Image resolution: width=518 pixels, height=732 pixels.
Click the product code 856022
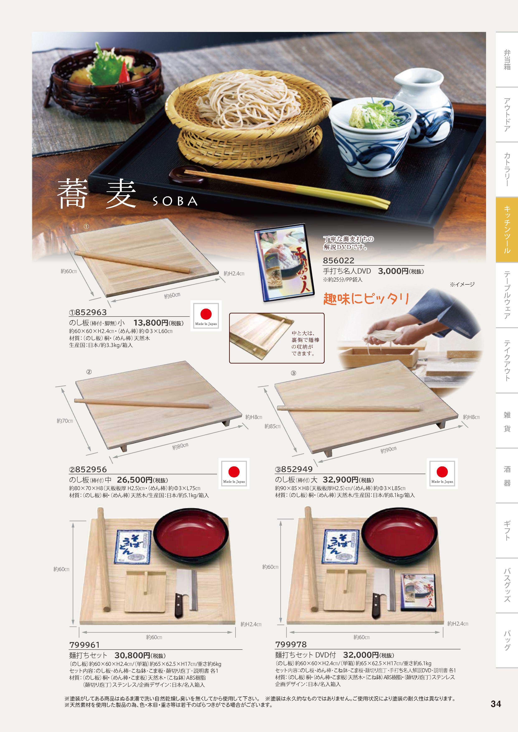tap(339, 260)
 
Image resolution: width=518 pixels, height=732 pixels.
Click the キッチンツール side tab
tap(507, 230)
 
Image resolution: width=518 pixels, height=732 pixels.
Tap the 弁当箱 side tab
tap(507, 60)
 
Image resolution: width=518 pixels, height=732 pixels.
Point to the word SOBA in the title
tap(175, 201)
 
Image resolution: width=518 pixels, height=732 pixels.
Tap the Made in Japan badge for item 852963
tap(206, 316)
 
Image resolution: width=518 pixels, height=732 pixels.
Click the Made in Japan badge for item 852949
tap(442, 473)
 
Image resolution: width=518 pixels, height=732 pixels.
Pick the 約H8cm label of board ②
tap(254, 417)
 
